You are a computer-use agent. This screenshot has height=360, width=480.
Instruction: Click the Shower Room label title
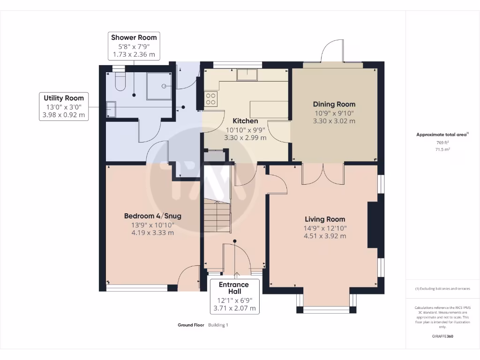134,37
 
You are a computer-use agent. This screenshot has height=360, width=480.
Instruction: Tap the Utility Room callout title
64,98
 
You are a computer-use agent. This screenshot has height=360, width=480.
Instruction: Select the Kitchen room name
245,121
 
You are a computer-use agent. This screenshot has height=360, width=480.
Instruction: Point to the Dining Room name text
334,104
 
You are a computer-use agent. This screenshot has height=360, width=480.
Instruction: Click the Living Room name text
325,219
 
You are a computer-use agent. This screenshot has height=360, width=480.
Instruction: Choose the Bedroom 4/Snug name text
153,216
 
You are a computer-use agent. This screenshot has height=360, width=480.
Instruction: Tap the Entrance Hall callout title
234,288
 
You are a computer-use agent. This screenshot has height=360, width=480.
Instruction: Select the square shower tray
159,86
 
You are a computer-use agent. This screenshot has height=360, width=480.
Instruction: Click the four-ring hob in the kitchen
210,99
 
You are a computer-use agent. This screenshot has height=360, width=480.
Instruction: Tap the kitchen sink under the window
247,75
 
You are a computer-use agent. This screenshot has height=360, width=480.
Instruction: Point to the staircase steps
217,216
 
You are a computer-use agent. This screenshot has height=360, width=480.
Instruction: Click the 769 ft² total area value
442,142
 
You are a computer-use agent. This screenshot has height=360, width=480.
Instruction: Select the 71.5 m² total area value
442,150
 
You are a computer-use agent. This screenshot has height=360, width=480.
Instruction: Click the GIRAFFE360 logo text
442,336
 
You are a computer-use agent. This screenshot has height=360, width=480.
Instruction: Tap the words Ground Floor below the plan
191,325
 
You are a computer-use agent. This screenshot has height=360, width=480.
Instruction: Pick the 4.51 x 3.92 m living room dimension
325,236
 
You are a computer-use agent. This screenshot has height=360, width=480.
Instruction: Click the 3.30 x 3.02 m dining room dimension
334,121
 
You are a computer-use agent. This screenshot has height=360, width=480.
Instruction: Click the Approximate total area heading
442,135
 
